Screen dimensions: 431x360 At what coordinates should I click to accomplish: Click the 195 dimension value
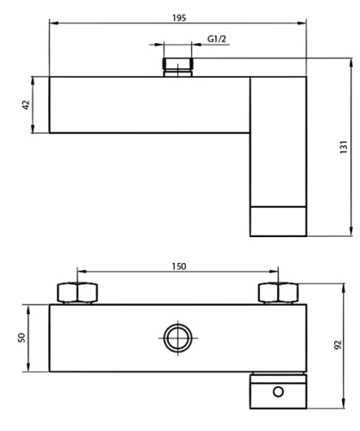[x=178, y=16]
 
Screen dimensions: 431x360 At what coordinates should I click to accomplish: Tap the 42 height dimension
[x=26, y=104]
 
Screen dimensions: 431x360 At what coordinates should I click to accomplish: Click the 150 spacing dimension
[x=179, y=267]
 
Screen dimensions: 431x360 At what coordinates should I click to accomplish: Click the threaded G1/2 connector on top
[x=177, y=66]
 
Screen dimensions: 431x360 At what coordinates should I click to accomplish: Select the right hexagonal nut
[x=278, y=293]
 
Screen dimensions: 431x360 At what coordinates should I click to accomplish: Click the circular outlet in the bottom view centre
[x=178, y=338]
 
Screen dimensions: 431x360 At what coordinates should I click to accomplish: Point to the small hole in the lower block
[x=277, y=393]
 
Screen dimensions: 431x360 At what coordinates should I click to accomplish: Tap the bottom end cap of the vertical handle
[x=277, y=222]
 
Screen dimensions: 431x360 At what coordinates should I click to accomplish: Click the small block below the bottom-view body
[x=277, y=391]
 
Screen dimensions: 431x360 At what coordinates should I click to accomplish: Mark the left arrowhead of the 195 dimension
[x=52, y=24]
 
